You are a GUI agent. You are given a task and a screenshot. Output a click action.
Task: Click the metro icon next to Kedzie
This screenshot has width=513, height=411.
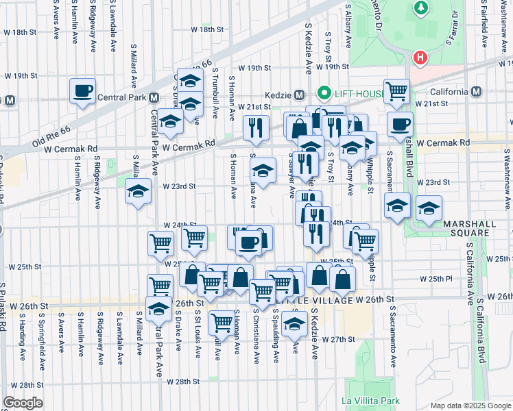point(299,95)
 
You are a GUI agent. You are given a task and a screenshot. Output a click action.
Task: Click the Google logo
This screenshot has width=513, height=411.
point(23,402)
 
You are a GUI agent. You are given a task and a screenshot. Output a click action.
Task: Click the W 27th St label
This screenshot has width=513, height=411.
point(341,339)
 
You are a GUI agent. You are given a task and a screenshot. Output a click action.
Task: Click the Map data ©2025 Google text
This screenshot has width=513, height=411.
point(470,406)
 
